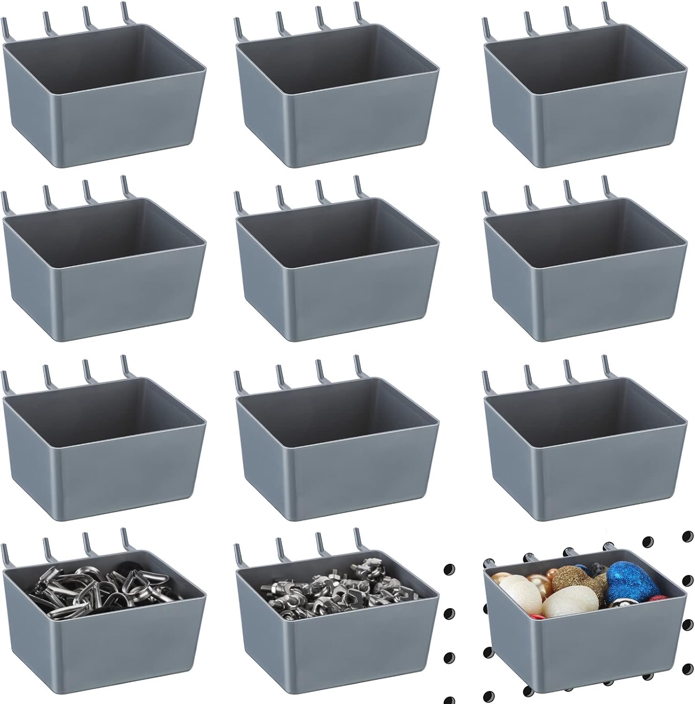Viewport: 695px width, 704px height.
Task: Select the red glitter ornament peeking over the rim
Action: [659, 598]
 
